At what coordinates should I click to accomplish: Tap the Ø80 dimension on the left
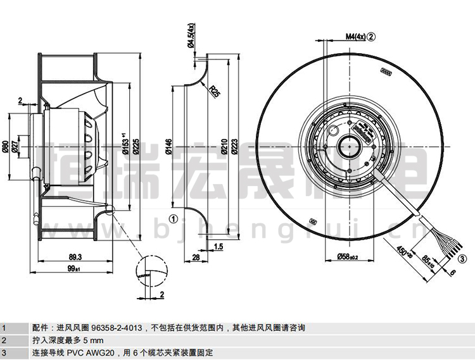pyautogui.click(x=5, y=147)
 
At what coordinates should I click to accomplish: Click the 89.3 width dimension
pyautogui.click(x=74, y=257)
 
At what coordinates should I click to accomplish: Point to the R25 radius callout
pyautogui.click(x=216, y=92)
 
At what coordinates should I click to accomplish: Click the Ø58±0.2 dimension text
pyautogui.click(x=346, y=257)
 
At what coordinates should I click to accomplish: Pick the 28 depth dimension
pyautogui.click(x=196, y=257)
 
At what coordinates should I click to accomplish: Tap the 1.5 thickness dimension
pyautogui.click(x=218, y=247)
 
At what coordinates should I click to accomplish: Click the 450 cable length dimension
pyautogui.click(x=404, y=251)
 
